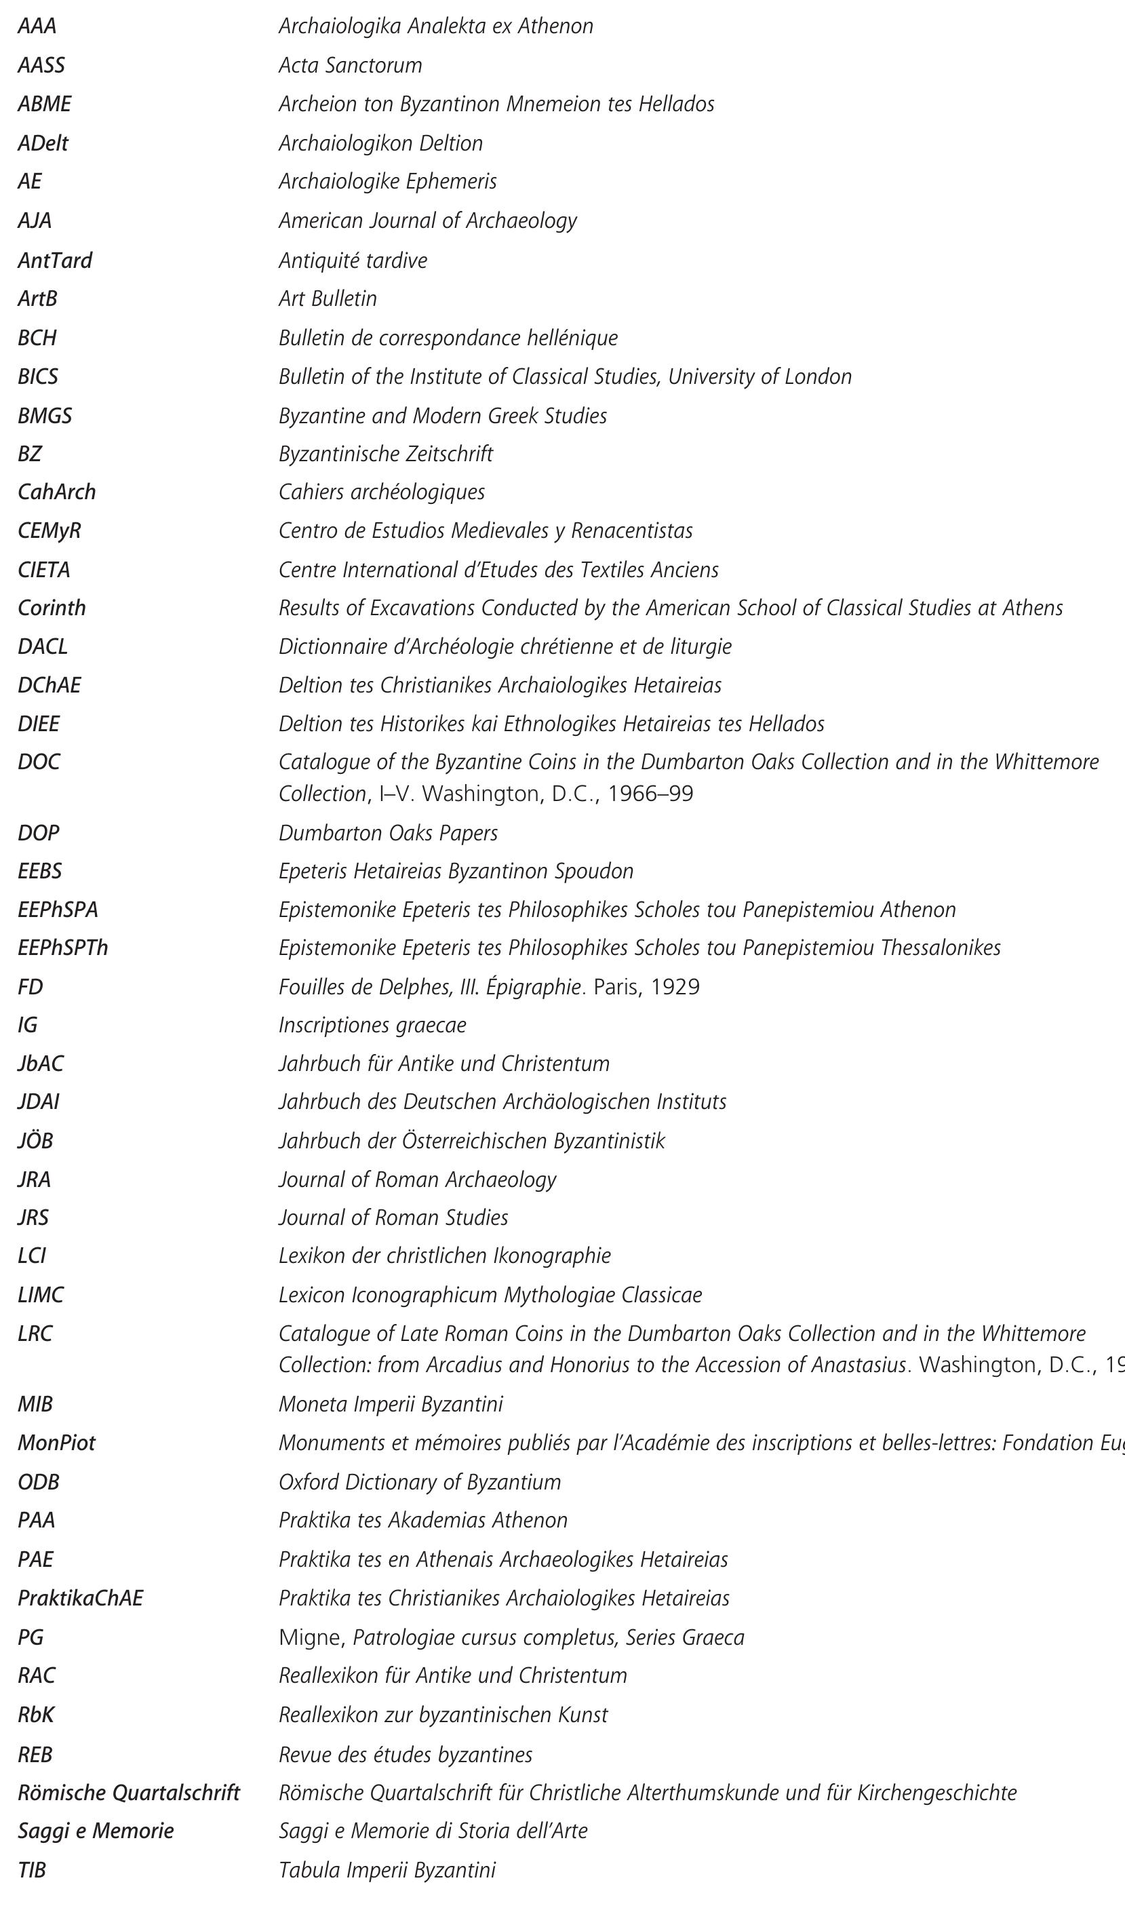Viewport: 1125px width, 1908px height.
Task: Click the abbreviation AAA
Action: pyautogui.click(x=37, y=27)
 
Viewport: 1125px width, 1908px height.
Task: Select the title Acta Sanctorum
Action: pyautogui.click(x=350, y=66)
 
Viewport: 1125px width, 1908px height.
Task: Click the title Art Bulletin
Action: pyautogui.click(x=328, y=298)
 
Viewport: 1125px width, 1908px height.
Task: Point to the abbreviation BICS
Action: pyautogui.click(x=38, y=376)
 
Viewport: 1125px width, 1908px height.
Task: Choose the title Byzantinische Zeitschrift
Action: pyautogui.click(x=385, y=454)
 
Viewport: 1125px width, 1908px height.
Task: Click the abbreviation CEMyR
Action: pyautogui.click(x=50, y=530)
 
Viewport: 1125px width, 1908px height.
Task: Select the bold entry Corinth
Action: pyautogui.click(x=52, y=608)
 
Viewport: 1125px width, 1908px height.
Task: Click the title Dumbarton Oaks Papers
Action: pyautogui.click(x=388, y=833)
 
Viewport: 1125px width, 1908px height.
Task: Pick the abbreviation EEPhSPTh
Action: pyautogui.click(x=63, y=948)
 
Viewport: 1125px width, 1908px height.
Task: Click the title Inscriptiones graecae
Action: pyautogui.click(x=372, y=1026)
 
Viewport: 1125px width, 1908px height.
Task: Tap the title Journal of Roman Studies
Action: pyautogui.click(x=393, y=1218)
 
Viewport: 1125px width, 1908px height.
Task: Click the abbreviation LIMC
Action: pyautogui.click(x=41, y=1295)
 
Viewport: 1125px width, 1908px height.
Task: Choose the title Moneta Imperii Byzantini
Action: pyautogui.click(x=391, y=1405)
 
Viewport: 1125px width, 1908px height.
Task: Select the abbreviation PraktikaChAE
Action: pyautogui.click(x=80, y=1599)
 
